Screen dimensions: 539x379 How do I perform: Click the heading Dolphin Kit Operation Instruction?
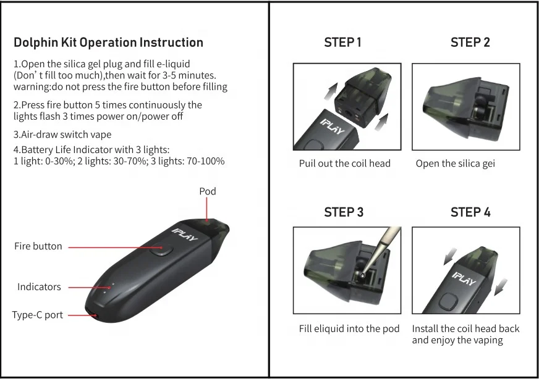point(108,43)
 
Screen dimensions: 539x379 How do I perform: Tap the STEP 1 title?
point(342,43)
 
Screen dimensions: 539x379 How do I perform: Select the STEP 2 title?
point(470,43)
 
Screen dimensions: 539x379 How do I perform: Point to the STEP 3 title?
point(344,212)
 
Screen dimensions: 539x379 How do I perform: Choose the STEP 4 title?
point(470,212)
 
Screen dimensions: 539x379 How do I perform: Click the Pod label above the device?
point(208,191)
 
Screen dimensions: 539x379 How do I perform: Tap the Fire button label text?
point(38,246)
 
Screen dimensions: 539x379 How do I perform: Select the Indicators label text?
point(39,287)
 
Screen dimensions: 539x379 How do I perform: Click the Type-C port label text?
point(38,315)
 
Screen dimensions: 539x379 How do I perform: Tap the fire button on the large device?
point(161,250)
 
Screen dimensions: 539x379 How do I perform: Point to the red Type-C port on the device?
point(94,317)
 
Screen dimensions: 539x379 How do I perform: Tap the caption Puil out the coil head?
point(344,164)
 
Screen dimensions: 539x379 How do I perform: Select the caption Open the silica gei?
point(455,164)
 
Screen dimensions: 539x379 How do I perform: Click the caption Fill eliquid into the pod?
point(349,329)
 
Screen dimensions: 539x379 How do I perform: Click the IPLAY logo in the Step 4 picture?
point(464,279)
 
